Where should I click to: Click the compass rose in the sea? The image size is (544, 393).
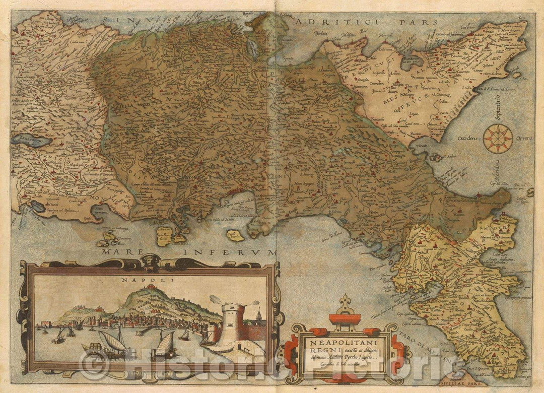[x=498, y=138]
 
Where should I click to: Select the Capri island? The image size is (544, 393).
[x=234, y=234]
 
